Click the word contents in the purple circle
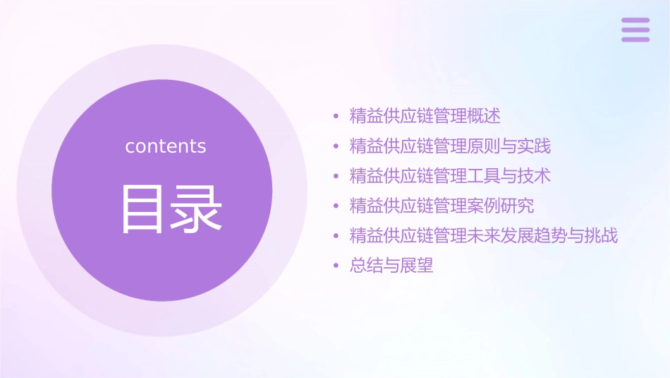point(166,146)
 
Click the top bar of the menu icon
point(635,20)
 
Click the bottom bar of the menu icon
point(635,39)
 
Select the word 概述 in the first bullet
point(484,116)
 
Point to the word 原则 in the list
point(484,146)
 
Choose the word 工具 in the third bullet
point(484,176)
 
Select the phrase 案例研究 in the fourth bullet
point(501,206)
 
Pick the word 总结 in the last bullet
point(367,266)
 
